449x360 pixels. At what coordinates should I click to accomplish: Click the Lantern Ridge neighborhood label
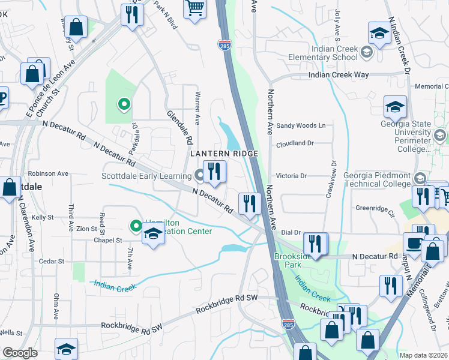[x=224, y=154]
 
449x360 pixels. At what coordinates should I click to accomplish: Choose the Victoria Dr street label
[x=291, y=176]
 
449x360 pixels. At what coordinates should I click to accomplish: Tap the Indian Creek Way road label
[x=339, y=75]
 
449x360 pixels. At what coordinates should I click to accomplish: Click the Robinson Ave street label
[x=52, y=173]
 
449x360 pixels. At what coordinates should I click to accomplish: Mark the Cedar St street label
[x=51, y=262]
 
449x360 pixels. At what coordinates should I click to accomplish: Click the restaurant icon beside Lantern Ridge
[x=214, y=172]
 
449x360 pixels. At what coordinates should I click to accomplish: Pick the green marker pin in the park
[x=124, y=105]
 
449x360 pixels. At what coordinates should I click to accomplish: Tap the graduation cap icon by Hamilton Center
[x=153, y=235]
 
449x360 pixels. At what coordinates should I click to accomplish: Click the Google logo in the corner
[x=20, y=353]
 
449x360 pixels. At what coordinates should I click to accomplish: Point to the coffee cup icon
[x=414, y=244]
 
